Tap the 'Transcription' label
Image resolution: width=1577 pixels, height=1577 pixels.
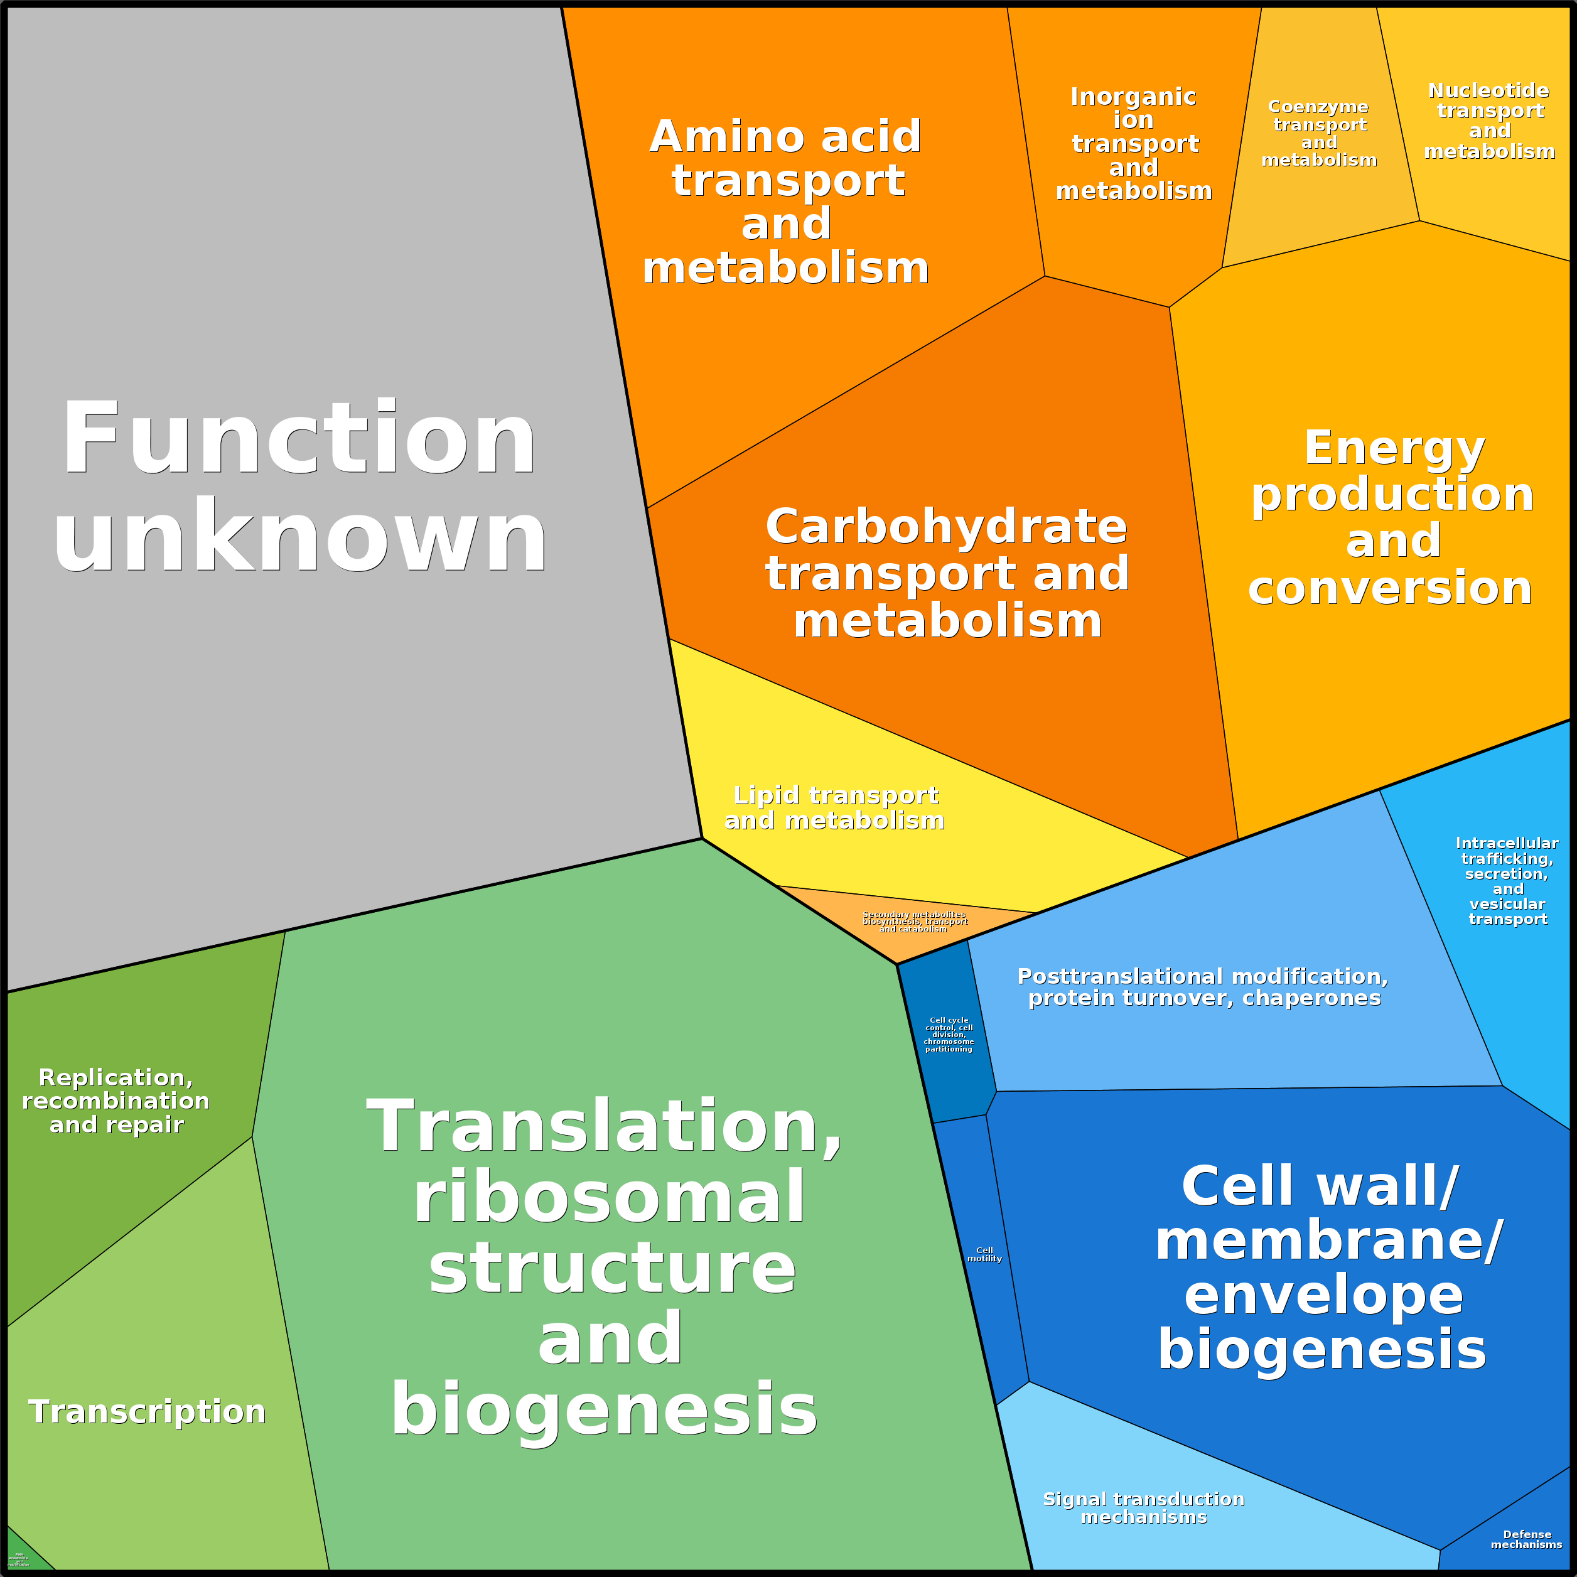[x=148, y=1412]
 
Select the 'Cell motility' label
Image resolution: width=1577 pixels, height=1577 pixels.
[x=984, y=1254]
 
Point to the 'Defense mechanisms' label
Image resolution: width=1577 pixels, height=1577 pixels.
[x=1526, y=1539]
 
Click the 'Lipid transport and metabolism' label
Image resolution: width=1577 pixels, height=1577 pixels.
[x=835, y=807]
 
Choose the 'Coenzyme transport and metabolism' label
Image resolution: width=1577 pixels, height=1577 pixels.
[x=1319, y=133]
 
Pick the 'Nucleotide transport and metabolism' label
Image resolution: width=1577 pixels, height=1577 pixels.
[x=1490, y=121]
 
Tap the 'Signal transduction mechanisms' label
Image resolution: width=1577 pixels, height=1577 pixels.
[x=1144, y=1507]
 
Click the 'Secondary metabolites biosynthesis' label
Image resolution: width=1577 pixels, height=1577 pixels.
[x=914, y=922]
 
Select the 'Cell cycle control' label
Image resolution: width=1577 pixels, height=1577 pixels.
[x=949, y=1034]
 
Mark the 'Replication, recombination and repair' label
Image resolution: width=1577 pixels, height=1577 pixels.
[x=116, y=1101]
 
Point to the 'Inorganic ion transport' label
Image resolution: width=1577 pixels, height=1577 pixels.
[x=1134, y=144]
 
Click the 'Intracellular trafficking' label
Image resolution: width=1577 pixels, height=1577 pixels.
[x=1507, y=881]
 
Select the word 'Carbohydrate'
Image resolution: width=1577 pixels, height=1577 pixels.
[x=946, y=527]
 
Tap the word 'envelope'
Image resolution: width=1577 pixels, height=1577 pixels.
[x=1323, y=1294]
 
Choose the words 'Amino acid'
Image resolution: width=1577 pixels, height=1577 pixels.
[x=785, y=136]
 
